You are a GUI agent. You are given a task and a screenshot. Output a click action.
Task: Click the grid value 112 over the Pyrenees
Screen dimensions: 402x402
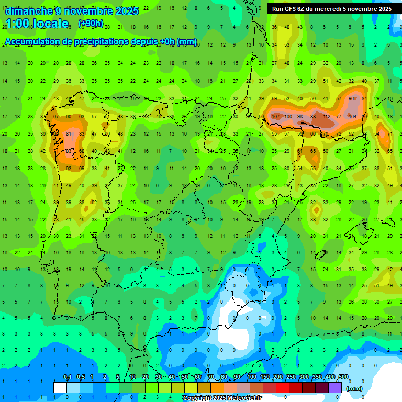coord(327,116)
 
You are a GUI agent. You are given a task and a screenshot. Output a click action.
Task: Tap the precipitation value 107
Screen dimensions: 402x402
coord(275,116)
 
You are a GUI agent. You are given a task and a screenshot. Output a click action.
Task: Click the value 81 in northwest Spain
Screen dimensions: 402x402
coord(69,134)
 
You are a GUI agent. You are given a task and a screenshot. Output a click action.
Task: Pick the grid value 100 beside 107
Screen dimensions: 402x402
coord(288,116)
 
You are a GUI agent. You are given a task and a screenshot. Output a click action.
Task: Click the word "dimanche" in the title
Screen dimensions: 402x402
coord(29,11)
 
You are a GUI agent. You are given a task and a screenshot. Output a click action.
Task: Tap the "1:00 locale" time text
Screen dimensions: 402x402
coord(37,24)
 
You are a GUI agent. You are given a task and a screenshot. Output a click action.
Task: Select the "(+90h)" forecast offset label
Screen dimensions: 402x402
coord(91,24)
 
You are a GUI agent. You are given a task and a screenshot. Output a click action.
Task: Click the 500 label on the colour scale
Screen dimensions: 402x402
coord(343,377)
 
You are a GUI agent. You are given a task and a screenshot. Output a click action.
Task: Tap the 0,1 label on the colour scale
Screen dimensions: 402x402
coord(67,377)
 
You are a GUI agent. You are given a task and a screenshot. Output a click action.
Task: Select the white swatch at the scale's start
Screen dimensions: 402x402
coord(60,387)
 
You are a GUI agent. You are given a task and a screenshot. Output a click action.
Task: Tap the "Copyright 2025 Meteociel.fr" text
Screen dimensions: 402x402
coord(222,398)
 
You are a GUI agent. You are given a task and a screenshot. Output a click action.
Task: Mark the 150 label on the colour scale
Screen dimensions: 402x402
coord(265,377)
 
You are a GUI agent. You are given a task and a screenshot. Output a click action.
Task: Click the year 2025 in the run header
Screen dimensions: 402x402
coord(383,9)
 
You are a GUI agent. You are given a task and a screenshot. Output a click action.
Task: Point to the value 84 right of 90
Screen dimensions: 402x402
coord(364,99)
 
